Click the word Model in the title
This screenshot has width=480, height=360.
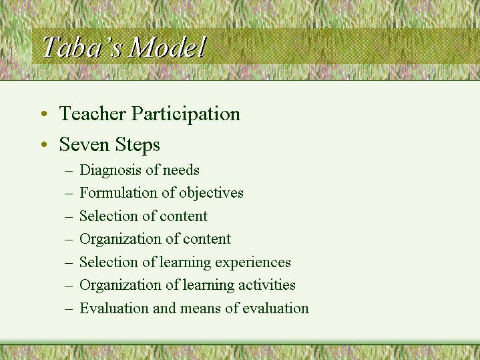tap(168, 47)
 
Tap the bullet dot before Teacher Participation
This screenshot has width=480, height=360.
tap(43, 115)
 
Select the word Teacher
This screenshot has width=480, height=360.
tap(92, 114)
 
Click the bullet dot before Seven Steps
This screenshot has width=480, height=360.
tap(43, 145)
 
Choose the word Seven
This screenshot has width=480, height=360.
tap(82, 144)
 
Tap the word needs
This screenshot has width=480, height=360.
tap(181, 171)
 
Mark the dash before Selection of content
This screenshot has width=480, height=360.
tap(70, 216)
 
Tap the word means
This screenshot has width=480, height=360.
tap(194, 309)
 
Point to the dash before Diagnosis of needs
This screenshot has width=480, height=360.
tap(70, 171)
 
